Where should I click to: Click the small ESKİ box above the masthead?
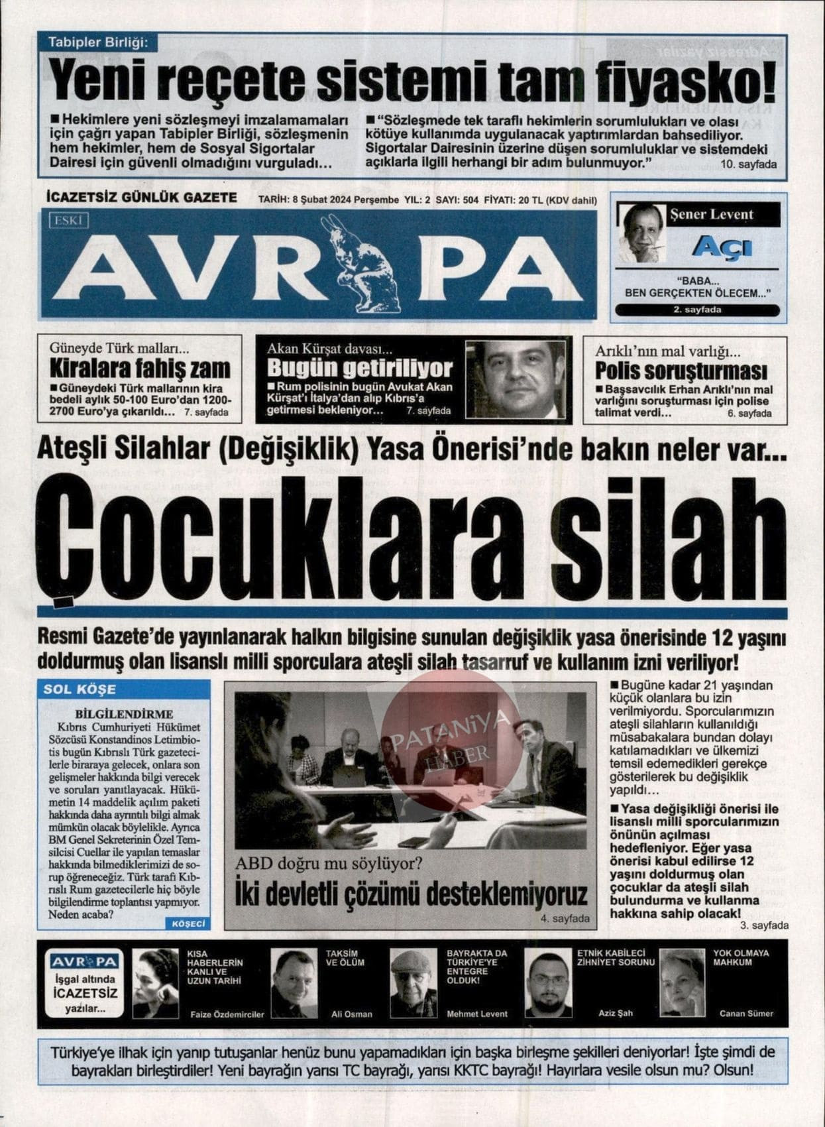click(68, 221)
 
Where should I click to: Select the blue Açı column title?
click(722, 247)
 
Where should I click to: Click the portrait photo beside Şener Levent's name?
click(641, 233)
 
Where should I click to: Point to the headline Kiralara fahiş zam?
click(140, 368)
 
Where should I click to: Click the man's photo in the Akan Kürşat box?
click(516, 379)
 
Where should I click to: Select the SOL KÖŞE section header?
click(80, 689)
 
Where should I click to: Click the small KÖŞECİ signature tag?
click(188, 923)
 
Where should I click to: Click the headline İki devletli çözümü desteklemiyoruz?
click(412, 893)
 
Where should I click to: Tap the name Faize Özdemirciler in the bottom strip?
click(227, 1014)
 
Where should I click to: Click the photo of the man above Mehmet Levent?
click(413, 982)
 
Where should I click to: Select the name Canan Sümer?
click(746, 1013)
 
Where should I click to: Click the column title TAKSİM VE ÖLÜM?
click(345, 957)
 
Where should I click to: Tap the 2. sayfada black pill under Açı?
click(697, 310)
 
